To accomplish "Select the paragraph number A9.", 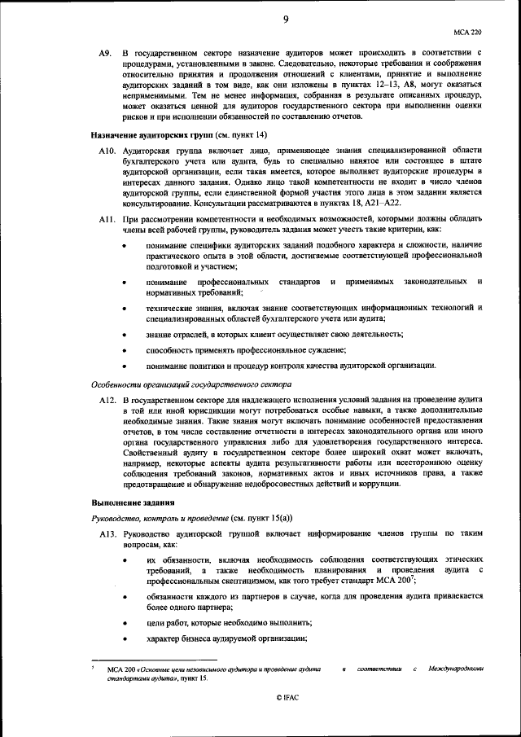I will pos(104,53).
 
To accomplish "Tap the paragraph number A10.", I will pos(107,151).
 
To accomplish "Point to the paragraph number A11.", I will pos(107,221).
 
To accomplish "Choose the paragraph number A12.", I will pos(107,401).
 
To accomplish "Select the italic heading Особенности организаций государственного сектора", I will pos(182,384).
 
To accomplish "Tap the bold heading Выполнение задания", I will pos(131,502).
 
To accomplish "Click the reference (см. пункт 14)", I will pos(240,134).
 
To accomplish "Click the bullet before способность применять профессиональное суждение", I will pos(124,350).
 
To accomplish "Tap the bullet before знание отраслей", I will pos(124,334).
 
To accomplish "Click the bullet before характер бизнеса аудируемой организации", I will pos(124,639).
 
